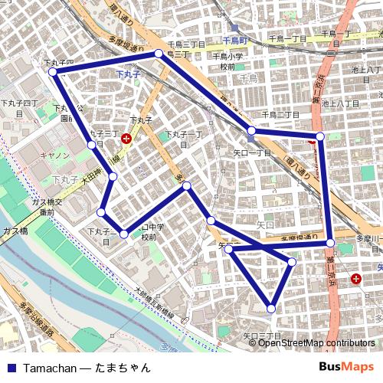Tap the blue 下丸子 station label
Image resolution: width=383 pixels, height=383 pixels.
(128, 74)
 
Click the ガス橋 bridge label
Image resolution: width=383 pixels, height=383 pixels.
(15, 231)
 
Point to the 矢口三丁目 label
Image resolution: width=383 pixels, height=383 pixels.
(262, 336)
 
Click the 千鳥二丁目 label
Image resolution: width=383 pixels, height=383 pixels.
(280, 115)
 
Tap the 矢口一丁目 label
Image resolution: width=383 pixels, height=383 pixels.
(253, 153)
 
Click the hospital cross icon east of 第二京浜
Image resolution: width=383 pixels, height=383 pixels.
(356, 280)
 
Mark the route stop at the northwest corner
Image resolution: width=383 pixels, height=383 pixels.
(53, 72)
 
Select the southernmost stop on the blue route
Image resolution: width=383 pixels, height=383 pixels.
(271, 309)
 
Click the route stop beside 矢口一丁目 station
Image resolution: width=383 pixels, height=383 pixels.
(251, 130)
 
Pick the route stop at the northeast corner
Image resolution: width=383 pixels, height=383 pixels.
(320, 136)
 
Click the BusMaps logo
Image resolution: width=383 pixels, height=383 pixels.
(346, 368)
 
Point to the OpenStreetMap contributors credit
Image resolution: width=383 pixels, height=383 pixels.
(316, 343)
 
